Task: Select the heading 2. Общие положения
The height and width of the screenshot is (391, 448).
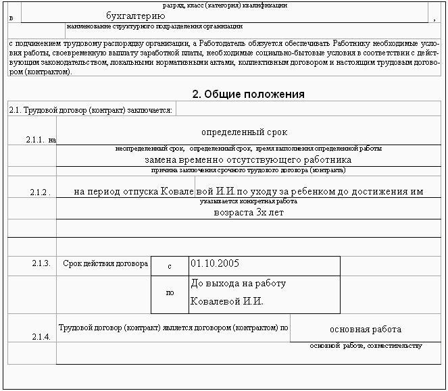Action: (x=249, y=94)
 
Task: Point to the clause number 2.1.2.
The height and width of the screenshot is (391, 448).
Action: (x=40, y=192)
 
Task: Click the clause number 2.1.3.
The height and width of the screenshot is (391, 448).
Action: (x=41, y=263)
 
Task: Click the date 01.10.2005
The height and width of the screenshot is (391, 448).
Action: (x=215, y=263)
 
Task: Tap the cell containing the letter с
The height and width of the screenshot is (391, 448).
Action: (x=170, y=267)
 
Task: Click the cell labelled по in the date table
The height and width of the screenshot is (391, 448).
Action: (x=170, y=293)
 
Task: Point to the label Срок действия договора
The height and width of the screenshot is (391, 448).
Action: (x=105, y=263)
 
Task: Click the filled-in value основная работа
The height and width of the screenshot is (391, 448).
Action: (x=366, y=330)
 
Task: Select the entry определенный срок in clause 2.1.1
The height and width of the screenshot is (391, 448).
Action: (x=244, y=132)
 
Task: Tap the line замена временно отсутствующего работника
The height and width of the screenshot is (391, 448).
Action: (x=248, y=160)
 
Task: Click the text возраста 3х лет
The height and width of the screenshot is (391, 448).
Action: (x=248, y=212)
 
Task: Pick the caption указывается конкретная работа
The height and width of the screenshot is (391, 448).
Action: (x=248, y=201)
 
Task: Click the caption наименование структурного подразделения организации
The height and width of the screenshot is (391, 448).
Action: (x=155, y=27)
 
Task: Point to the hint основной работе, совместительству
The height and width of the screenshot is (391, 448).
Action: (x=366, y=346)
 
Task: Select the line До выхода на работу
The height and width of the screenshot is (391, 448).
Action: (x=239, y=283)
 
